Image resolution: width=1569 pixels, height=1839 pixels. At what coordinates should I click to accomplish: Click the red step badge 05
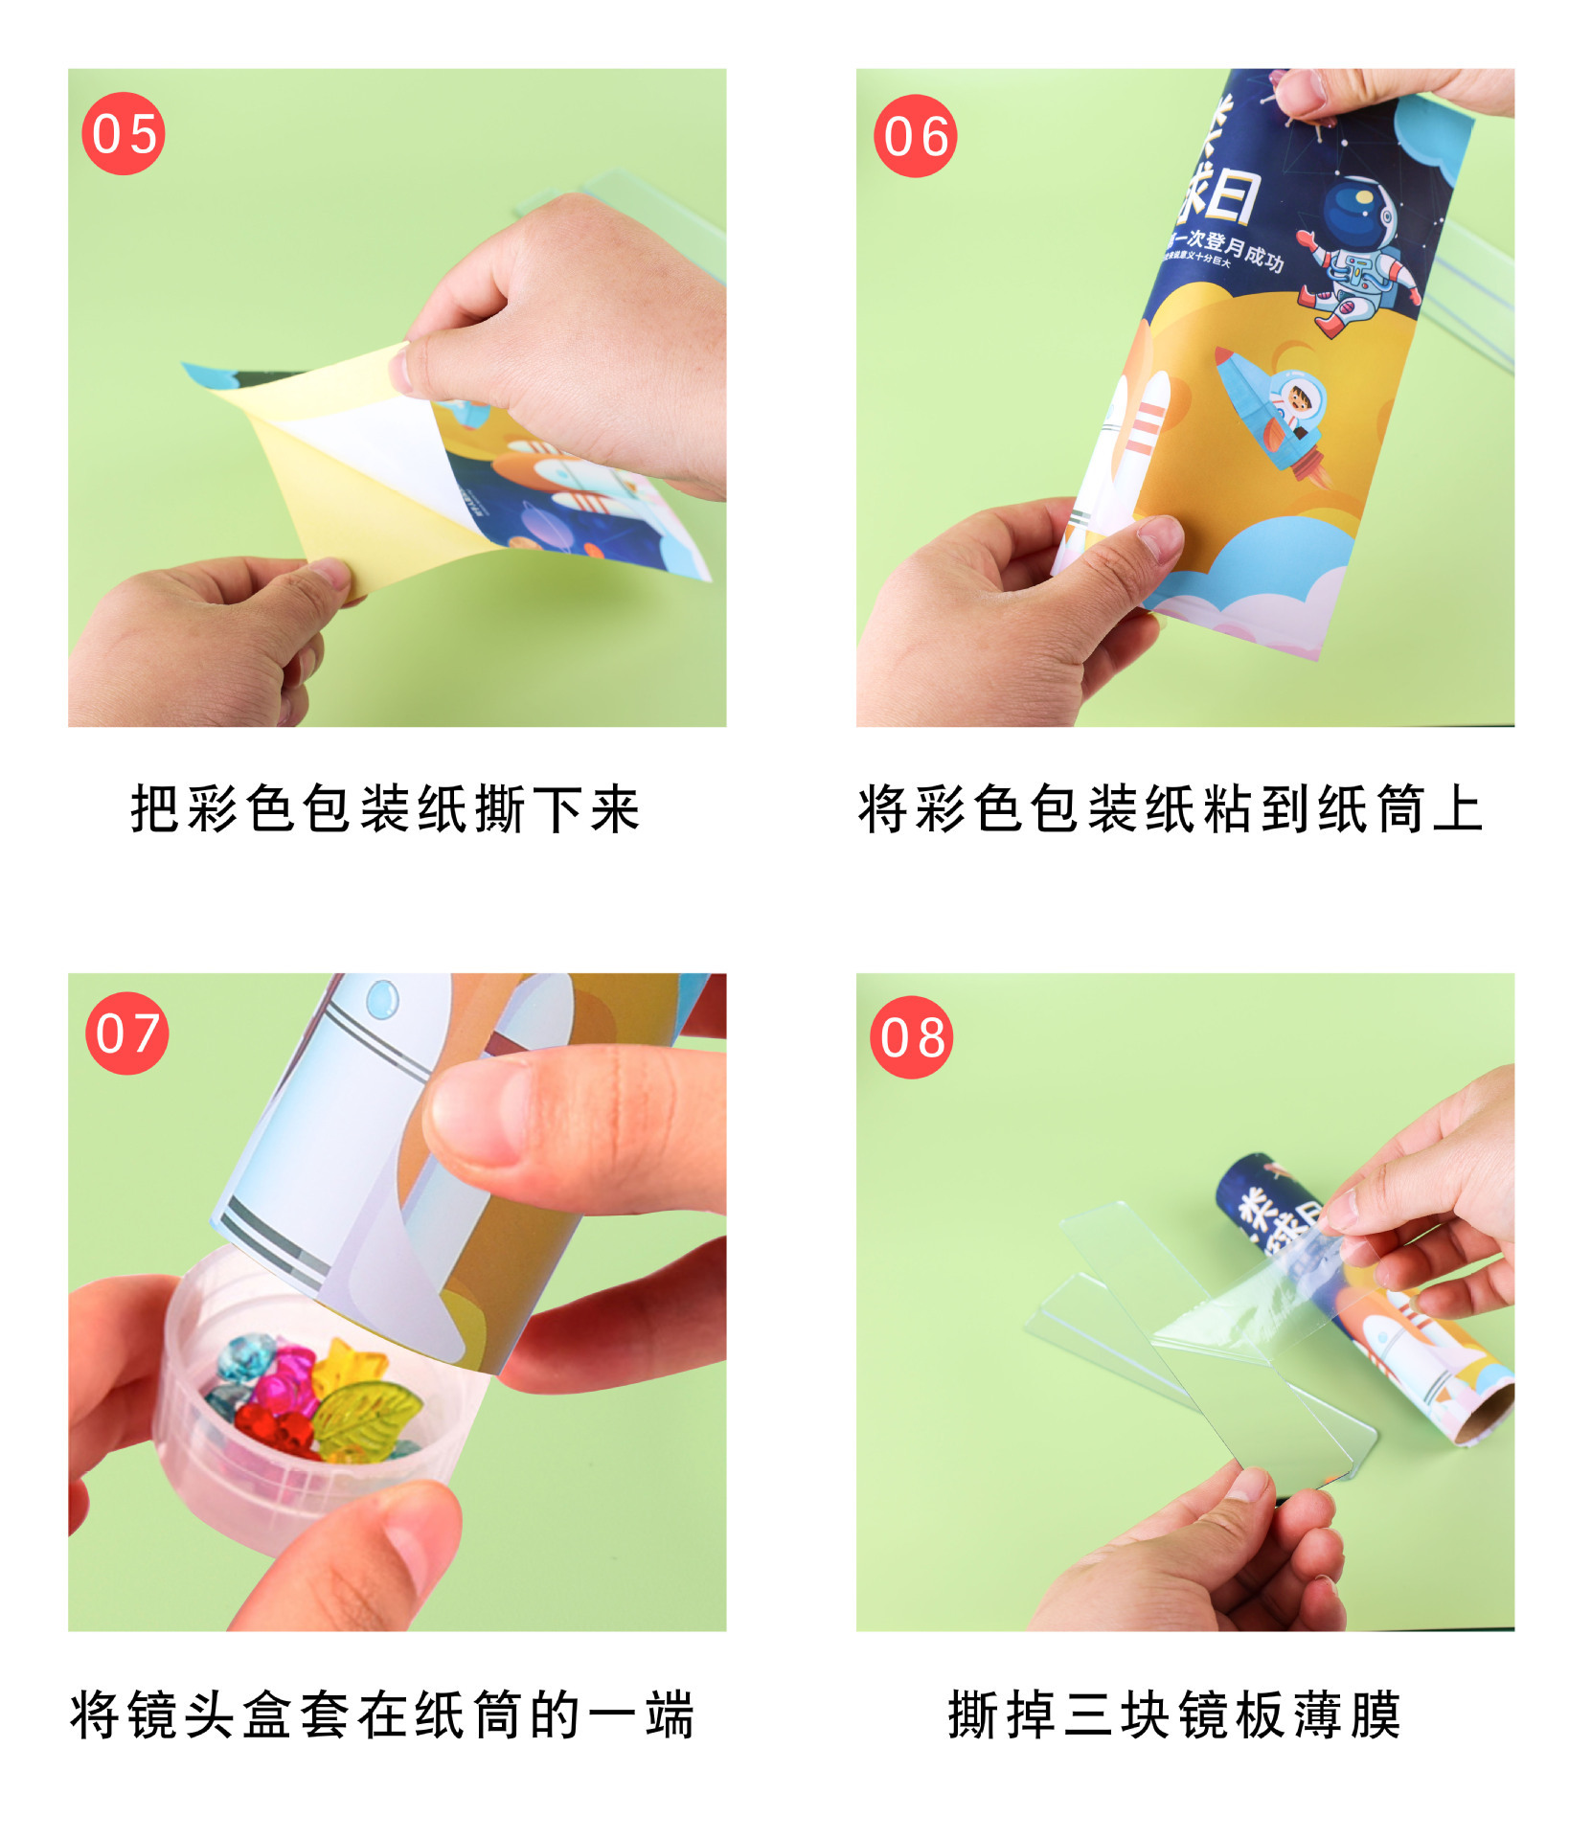tap(124, 133)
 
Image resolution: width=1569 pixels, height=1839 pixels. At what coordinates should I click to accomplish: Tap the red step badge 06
tap(915, 136)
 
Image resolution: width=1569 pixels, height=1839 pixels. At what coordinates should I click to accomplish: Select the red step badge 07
tap(126, 1033)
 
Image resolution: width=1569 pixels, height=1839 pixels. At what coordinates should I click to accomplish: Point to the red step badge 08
tap(911, 1037)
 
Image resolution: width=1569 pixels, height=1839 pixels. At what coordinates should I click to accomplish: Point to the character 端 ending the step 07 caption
tap(669, 1714)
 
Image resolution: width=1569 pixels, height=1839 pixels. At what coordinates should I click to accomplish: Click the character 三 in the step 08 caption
tap(1088, 1714)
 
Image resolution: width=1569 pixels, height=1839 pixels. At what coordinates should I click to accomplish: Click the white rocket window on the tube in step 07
tap(381, 999)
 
